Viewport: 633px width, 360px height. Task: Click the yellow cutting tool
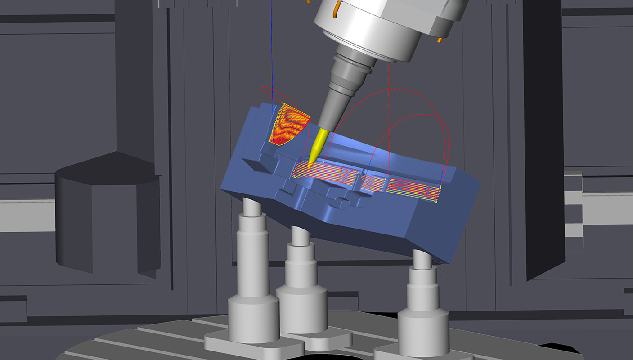318,144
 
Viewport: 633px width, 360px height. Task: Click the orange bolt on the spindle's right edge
440,40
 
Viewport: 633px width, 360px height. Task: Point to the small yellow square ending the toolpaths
436,202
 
